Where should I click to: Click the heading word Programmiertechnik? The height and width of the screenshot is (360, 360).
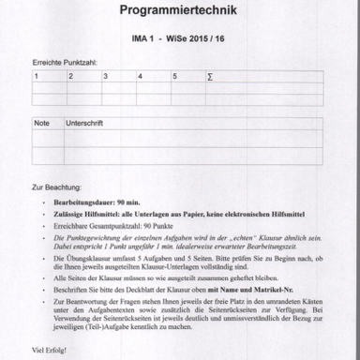tap(179, 11)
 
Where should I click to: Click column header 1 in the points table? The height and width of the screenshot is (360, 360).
tap(37, 77)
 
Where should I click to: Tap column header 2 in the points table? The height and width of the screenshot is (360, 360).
tap(71, 77)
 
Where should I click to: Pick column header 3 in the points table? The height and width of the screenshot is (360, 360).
tap(105, 77)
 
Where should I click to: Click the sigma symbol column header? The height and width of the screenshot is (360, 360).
tap(209, 77)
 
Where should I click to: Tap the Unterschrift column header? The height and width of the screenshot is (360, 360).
tap(83, 123)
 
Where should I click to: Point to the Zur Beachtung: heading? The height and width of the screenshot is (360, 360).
tap(56, 187)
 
